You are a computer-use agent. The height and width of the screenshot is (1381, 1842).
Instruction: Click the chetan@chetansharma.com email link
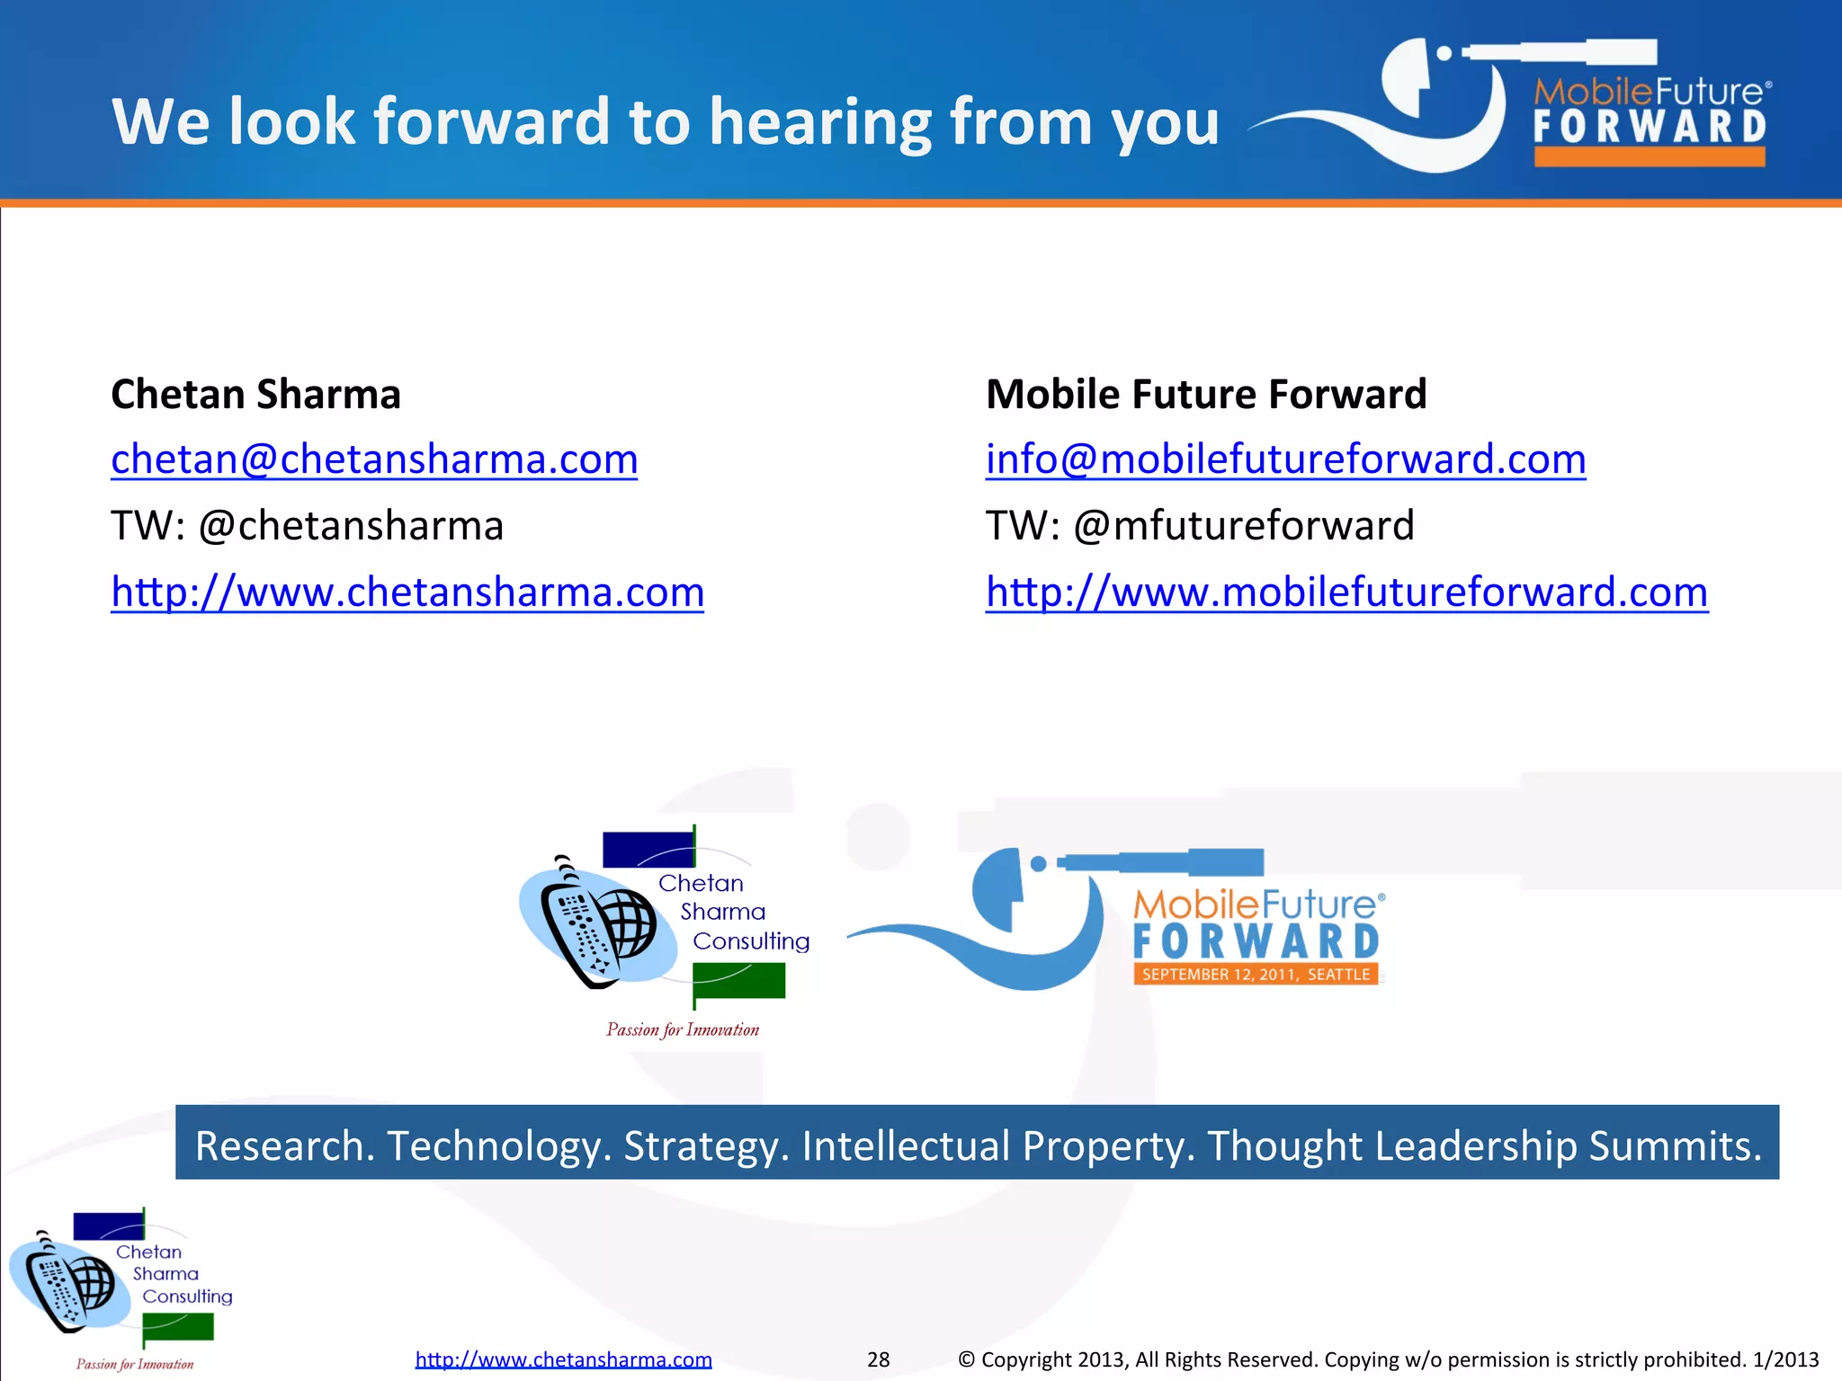point(374,459)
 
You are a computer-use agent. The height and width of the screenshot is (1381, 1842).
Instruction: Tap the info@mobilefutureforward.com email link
point(1285,459)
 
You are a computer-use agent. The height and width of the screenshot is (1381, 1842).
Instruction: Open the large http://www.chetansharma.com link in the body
point(407,592)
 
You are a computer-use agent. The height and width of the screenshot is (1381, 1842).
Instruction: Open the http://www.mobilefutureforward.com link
point(1346,592)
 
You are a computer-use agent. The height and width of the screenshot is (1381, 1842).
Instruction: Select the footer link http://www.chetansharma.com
point(563,1359)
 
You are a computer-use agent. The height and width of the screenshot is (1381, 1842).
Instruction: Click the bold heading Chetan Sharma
point(255,395)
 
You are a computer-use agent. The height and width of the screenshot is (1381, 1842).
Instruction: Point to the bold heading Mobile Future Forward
point(1206,395)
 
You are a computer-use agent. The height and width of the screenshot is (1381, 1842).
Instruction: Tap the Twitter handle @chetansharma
point(351,526)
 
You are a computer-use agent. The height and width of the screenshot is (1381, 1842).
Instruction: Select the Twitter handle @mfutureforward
point(1244,526)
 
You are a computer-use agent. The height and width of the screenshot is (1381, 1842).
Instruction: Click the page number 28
point(878,1359)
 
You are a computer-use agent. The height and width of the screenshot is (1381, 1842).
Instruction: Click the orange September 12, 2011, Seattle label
point(1256,975)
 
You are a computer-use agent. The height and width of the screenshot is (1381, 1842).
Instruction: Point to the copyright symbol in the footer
point(966,1359)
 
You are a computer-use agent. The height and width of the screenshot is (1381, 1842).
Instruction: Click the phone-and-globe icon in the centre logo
point(599,926)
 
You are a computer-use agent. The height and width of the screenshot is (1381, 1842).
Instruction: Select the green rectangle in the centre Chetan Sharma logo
point(739,980)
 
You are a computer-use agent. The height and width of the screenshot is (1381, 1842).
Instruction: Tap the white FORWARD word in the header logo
point(1650,128)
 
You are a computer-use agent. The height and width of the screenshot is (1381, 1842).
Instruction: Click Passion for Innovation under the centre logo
point(683,1030)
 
